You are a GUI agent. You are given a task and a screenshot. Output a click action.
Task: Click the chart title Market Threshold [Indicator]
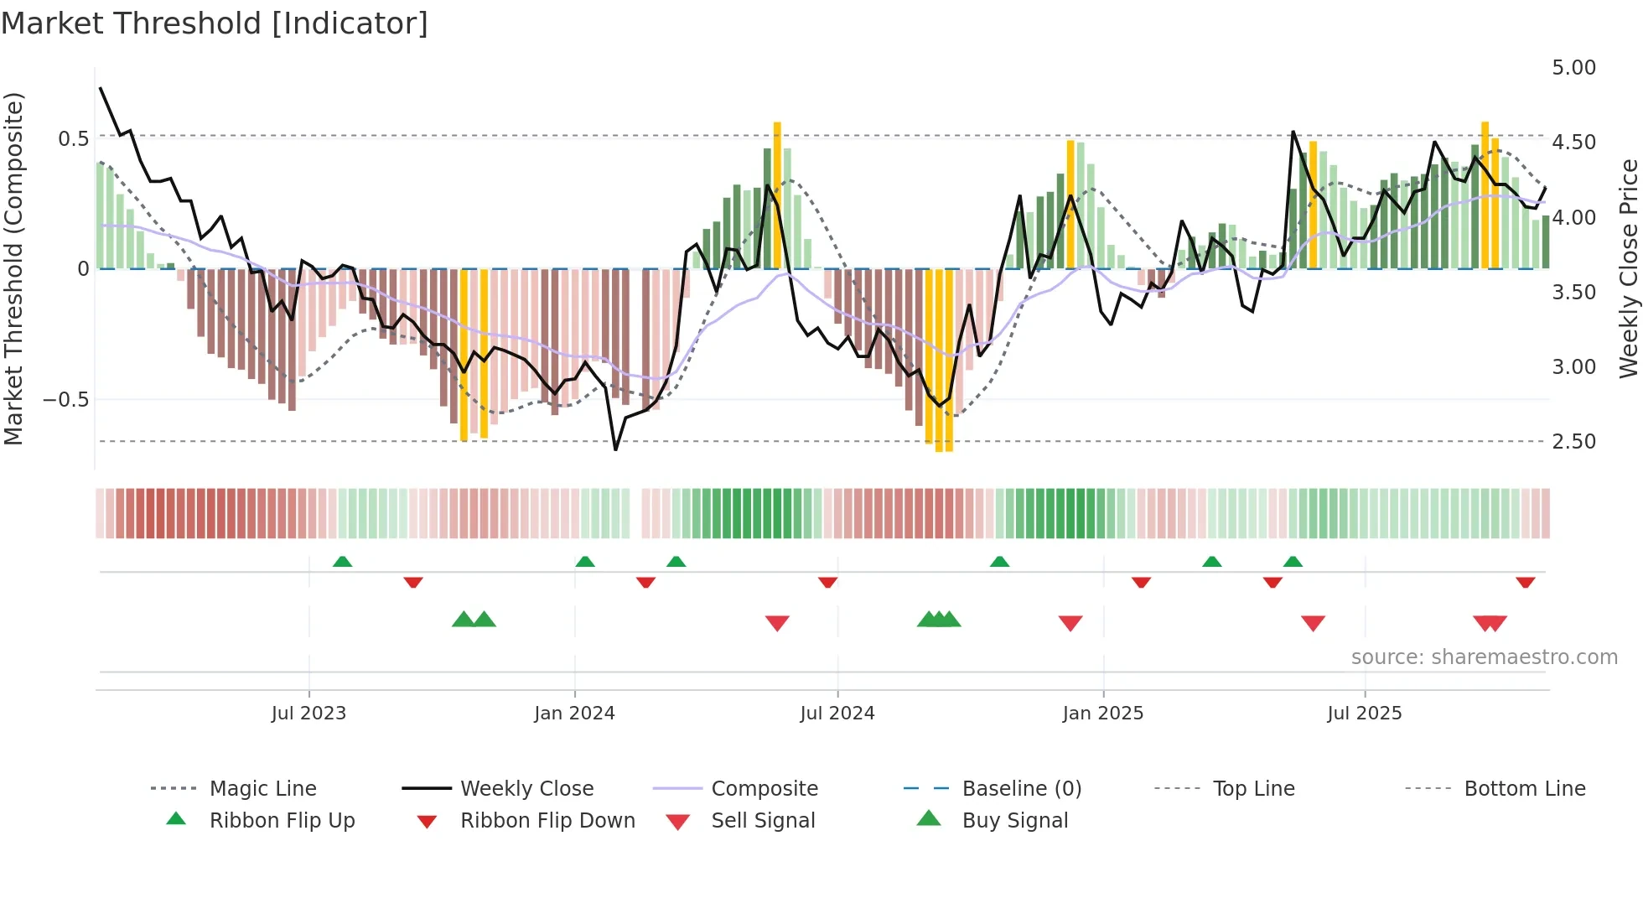click(215, 23)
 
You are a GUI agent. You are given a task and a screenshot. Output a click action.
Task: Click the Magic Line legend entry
click(262, 789)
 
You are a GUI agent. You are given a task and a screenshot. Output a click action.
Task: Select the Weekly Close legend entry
click(526, 789)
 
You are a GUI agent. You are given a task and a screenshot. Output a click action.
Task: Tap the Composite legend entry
click(764, 789)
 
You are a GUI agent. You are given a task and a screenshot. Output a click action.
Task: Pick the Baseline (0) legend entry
click(1021, 789)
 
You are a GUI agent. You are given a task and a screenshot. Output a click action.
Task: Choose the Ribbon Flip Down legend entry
click(547, 821)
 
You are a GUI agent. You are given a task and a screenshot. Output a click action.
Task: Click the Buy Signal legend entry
click(1014, 821)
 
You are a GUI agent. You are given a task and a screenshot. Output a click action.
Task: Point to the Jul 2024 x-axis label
click(837, 714)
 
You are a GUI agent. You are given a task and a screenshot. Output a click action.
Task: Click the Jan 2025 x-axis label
click(1102, 714)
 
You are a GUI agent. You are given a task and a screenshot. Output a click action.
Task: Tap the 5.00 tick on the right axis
click(1573, 68)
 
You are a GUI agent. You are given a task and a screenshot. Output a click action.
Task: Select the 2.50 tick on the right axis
click(1573, 442)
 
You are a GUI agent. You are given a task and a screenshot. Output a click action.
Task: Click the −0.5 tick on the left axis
click(65, 400)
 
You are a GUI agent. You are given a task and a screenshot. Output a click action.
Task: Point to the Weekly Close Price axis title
click(1628, 268)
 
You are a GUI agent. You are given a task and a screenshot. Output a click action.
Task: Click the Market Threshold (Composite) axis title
click(13, 268)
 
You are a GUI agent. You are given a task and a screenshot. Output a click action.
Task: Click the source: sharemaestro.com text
click(1484, 657)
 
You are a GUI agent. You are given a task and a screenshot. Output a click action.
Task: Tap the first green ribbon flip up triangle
click(342, 562)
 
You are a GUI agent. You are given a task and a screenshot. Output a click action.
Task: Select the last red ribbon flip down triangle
click(1525, 582)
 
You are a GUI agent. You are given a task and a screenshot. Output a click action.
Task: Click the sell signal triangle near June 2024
click(777, 623)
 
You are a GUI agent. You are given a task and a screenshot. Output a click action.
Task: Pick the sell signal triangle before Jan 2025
click(1070, 623)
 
